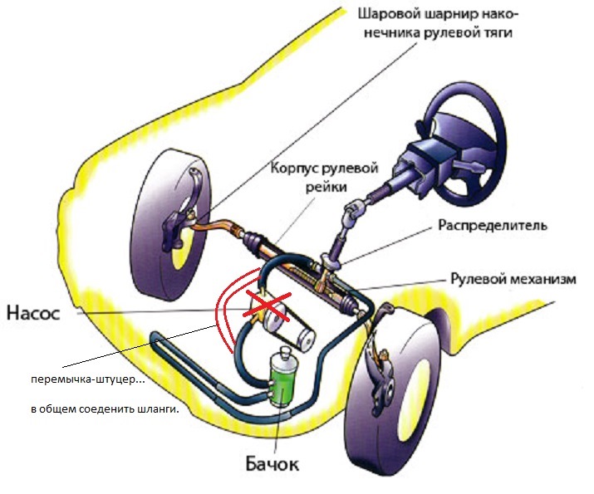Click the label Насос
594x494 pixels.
pyautogui.click(x=33, y=314)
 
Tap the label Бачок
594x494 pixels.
pyautogui.click(x=272, y=464)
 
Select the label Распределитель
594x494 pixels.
pyautogui.click(x=493, y=226)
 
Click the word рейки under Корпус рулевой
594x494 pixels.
pyautogui.click(x=326, y=187)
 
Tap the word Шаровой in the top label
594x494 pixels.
pyautogui.click(x=382, y=14)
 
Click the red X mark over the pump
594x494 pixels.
pyautogui.click(x=267, y=306)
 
